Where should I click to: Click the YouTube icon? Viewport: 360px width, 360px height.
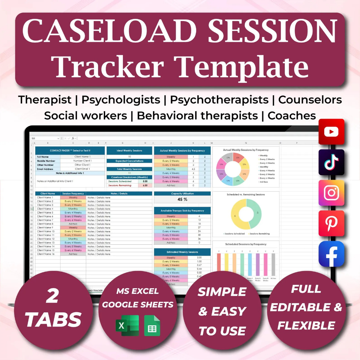[x=331, y=132]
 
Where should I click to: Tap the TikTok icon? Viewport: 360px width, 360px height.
[x=331, y=162]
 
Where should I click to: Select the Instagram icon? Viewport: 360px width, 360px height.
[x=331, y=193]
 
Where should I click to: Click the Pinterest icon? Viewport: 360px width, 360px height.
[x=331, y=223]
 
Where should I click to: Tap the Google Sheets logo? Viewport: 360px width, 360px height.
[x=152, y=326]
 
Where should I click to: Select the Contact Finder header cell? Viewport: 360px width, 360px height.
[x=70, y=150]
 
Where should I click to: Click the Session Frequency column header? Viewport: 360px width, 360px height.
[x=73, y=193]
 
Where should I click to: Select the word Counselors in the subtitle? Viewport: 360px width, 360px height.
[x=310, y=100]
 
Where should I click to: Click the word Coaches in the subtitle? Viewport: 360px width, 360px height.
[x=291, y=115]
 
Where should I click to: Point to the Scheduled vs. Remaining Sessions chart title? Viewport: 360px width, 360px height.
[x=245, y=194]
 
